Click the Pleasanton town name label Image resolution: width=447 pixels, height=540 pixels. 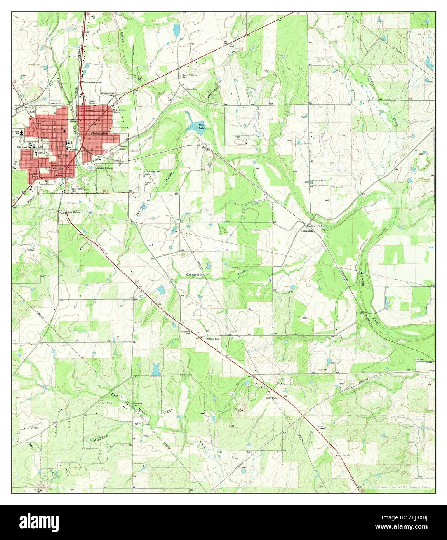click(95, 132)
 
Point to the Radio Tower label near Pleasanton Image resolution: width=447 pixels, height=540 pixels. click(118, 110)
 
